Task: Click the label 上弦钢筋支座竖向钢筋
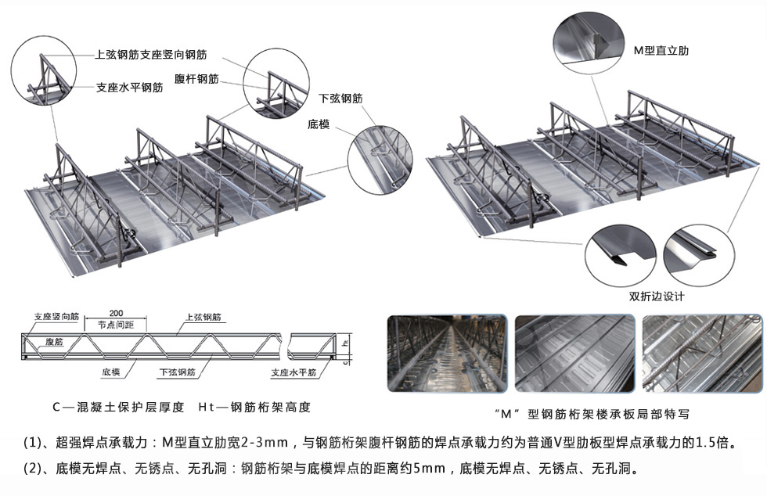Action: click(150, 55)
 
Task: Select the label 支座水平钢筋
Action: click(129, 88)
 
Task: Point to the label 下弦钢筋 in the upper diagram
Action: click(340, 99)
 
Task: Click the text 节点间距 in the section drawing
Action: click(117, 325)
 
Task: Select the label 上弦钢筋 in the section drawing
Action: click(203, 318)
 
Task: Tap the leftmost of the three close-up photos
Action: click(448, 354)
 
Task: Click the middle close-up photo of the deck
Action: click(574, 354)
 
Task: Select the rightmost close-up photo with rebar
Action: click(700, 354)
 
